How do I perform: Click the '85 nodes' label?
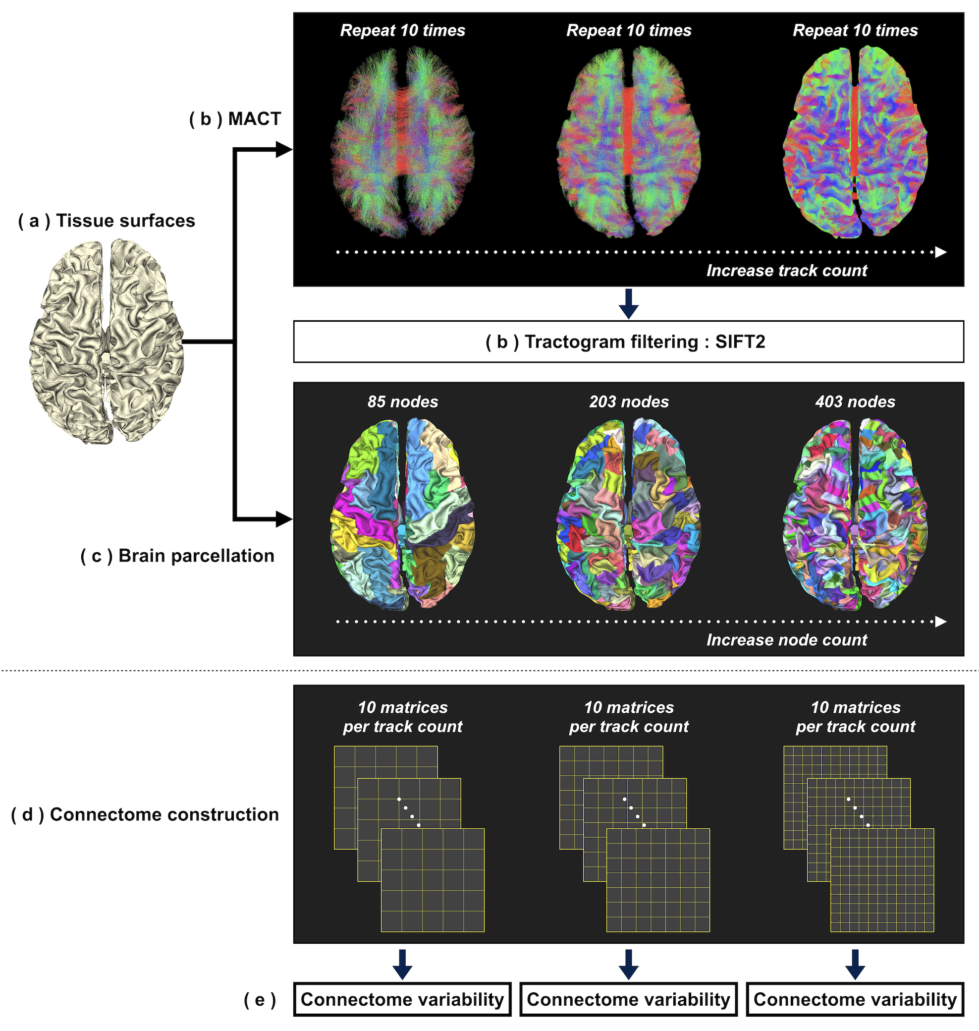click(402, 401)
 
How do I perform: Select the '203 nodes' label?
click(629, 401)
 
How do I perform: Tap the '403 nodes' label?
click(855, 401)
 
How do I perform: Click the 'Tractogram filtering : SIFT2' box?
click(628, 342)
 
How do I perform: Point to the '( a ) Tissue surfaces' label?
click(107, 221)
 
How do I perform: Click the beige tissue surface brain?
click(107, 342)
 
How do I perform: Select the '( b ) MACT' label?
click(235, 119)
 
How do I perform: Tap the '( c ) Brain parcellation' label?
click(177, 556)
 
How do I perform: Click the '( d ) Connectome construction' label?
click(145, 814)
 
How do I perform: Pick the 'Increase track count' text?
click(786, 271)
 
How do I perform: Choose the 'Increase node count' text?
click(786, 639)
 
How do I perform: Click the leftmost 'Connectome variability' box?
click(402, 999)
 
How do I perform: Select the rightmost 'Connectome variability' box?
click(855, 999)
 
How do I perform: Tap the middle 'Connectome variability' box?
click(628, 999)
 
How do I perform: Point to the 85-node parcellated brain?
click(402, 514)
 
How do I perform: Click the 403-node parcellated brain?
click(855, 514)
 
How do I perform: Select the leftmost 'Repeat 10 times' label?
click(402, 31)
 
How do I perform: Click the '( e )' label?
click(260, 1000)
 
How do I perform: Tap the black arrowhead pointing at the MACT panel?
click(283, 150)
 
